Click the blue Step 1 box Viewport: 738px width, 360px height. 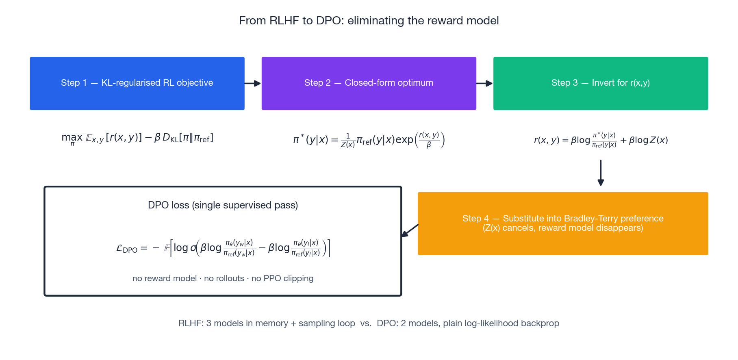tap(137, 83)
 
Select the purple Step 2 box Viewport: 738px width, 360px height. tap(369, 83)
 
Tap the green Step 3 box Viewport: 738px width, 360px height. tap(601, 83)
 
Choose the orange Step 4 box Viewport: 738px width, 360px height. tap(563, 223)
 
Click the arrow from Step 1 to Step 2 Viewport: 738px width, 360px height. tap(253, 83)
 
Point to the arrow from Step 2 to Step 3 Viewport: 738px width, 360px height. tap(485, 83)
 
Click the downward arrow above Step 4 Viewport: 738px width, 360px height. tap(601, 173)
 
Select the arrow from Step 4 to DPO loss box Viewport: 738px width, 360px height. tap(410, 230)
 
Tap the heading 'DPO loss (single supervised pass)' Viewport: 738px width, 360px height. tap(223, 205)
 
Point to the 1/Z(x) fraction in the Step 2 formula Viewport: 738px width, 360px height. tap(348, 141)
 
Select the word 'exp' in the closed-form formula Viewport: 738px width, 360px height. tap(404, 140)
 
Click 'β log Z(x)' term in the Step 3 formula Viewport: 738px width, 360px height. tap(648, 140)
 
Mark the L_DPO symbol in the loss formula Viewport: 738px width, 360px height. tap(127, 249)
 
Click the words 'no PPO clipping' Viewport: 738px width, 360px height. tap(282, 278)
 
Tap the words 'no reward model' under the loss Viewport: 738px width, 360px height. tap(165, 278)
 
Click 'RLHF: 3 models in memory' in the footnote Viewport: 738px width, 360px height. tap(233, 323)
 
